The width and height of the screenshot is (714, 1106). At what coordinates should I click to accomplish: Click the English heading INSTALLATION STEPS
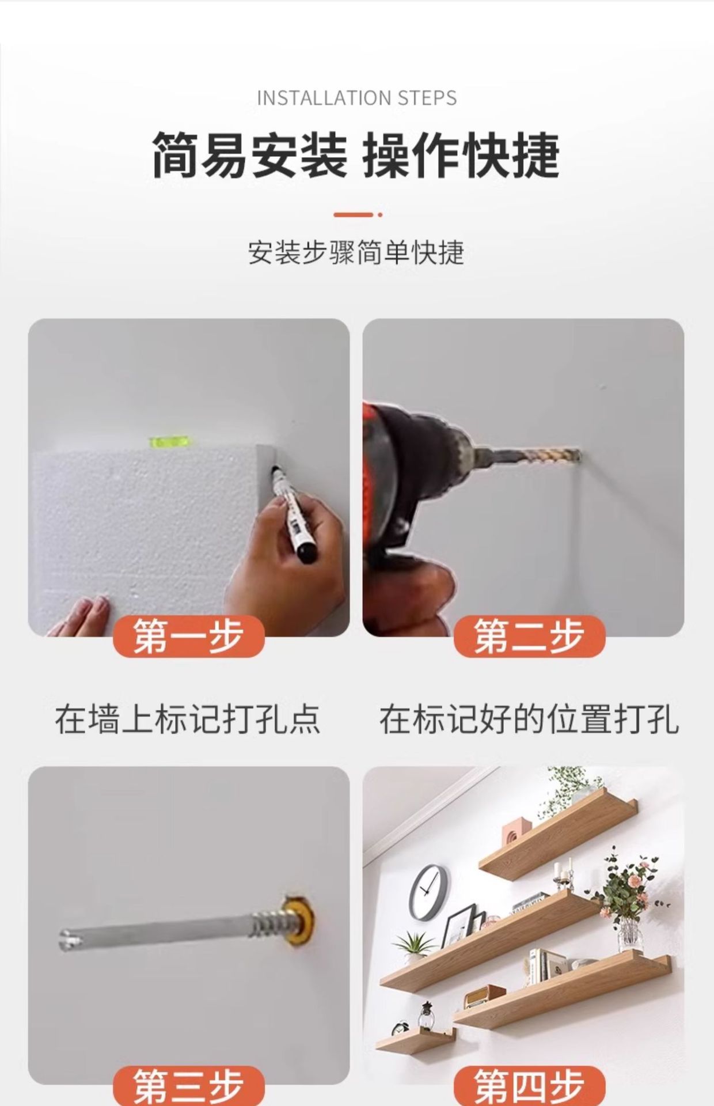click(x=357, y=98)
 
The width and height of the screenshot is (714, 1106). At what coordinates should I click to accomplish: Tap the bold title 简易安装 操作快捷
click(x=356, y=155)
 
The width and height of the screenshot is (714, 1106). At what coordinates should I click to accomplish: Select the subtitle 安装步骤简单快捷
click(x=356, y=252)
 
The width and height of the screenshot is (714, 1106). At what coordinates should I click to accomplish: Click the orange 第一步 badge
click(x=189, y=637)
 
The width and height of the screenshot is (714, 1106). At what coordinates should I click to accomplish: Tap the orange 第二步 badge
click(x=530, y=637)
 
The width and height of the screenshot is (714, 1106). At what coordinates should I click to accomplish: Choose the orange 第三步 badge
click(x=189, y=1086)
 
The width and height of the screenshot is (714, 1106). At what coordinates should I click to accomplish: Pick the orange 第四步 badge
click(x=530, y=1086)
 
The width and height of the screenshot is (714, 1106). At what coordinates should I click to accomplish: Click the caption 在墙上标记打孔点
click(x=188, y=719)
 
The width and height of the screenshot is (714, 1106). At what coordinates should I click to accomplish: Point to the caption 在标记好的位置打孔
click(x=529, y=719)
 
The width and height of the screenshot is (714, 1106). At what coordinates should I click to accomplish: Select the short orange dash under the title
click(x=354, y=214)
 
